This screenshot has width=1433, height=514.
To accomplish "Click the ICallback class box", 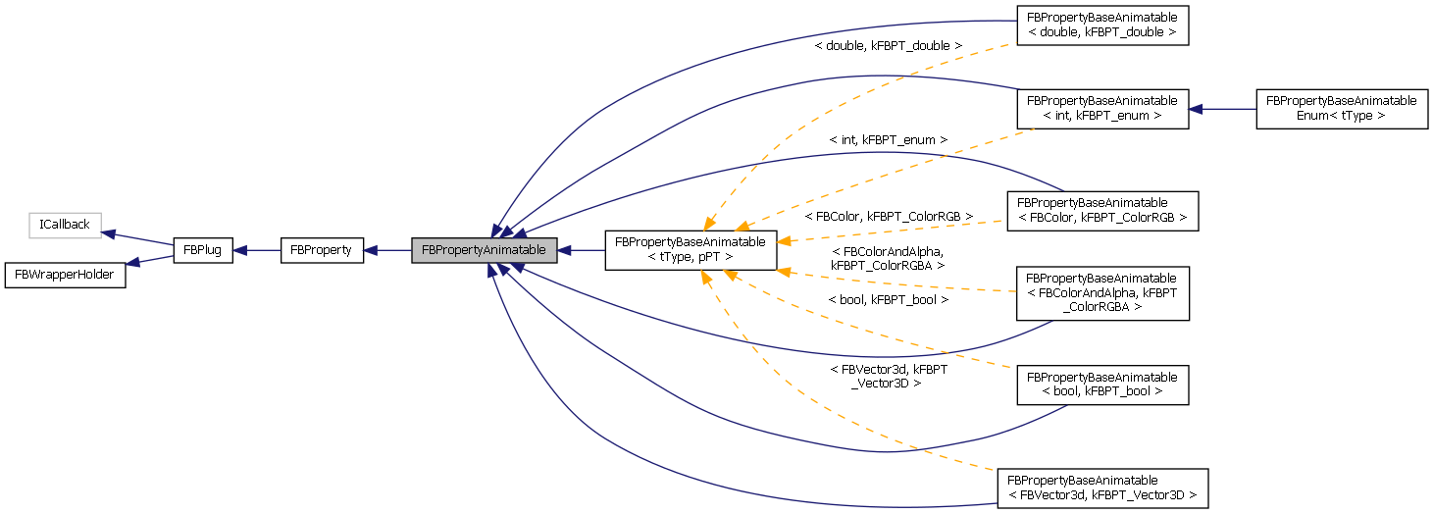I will click(65, 225).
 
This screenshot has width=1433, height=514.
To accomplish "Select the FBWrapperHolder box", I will click(66, 275).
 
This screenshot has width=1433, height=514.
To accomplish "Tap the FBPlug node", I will click(203, 250).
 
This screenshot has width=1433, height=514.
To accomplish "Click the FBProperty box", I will click(323, 250).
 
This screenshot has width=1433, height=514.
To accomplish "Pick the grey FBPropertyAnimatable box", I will click(485, 250).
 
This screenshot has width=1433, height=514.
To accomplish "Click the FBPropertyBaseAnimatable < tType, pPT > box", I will click(691, 250).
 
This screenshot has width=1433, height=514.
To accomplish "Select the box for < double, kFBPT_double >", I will click(1101, 26).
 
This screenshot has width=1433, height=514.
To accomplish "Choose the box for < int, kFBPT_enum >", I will click(1101, 108).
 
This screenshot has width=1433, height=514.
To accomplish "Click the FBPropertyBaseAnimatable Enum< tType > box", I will click(1341, 108).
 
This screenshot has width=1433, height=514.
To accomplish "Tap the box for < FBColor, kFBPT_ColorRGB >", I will click(1101, 210).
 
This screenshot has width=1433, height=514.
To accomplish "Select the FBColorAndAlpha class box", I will click(1101, 292).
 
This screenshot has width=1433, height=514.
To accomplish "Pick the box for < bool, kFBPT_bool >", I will click(1101, 385).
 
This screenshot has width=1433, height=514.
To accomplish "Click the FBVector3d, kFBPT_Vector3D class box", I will click(1101, 488).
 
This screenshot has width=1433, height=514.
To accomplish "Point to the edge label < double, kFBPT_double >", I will click(888, 46).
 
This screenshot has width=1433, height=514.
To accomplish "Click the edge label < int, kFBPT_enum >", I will click(888, 140).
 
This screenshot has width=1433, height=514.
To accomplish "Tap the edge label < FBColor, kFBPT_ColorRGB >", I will click(888, 215).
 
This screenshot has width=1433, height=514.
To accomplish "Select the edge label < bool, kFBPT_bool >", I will click(888, 299).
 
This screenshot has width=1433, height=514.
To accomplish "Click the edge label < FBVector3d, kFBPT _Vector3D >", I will click(888, 376).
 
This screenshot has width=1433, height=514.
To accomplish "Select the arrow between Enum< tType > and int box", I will click(1222, 108).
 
